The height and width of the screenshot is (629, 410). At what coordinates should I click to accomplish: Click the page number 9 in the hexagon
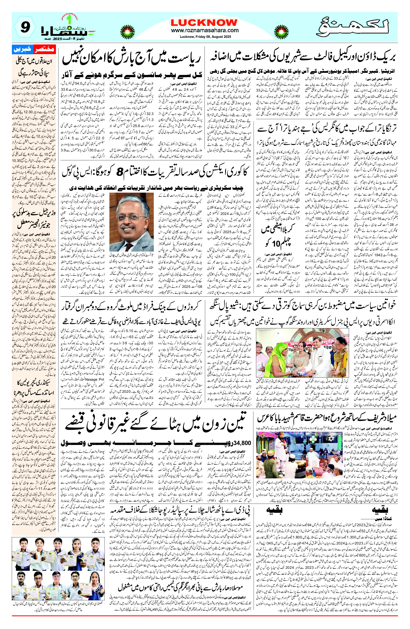click(x=25, y=27)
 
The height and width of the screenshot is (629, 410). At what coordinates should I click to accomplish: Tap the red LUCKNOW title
click(x=204, y=22)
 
